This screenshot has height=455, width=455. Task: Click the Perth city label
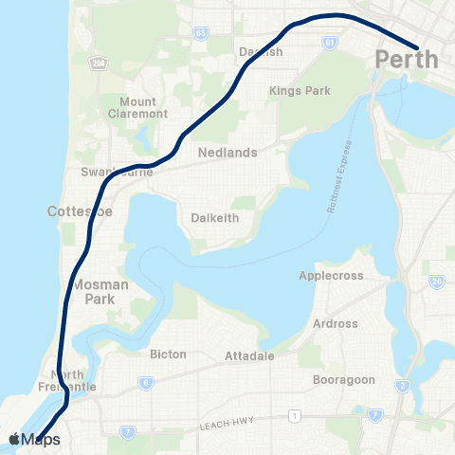coord(407,60)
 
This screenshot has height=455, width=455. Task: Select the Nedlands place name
coord(223,152)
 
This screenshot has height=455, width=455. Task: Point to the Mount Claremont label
coord(144,107)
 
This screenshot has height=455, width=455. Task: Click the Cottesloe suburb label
coord(80,211)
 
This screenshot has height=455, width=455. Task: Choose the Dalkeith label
coord(215,217)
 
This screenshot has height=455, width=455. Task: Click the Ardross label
coord(335,323)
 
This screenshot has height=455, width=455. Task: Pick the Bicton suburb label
coord(168,354)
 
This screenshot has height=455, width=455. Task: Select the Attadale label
coord(249,355)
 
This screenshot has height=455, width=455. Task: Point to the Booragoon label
coord(344,379)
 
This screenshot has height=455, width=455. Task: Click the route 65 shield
coord(200,33)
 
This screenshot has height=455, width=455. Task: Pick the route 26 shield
coord(437,282)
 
